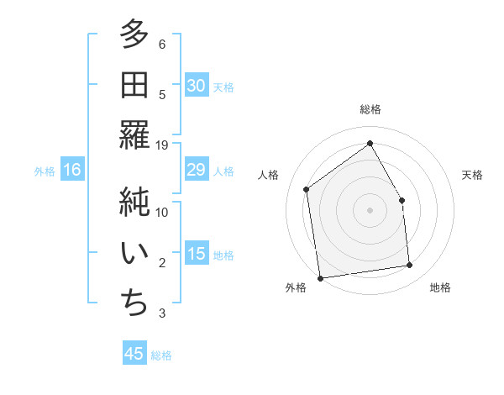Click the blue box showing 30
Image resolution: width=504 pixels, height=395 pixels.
pos(196,86)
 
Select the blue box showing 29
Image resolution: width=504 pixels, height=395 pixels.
pos(196,170)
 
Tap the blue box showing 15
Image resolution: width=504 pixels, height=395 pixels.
pos(196,254)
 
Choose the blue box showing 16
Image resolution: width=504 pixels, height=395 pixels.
pos(71,170)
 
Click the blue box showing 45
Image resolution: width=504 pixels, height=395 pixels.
pos(134,354)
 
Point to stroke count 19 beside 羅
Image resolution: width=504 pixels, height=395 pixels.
pos(162,145)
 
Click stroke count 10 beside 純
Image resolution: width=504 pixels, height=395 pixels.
pos(162,213)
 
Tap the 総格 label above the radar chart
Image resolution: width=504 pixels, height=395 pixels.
pos(370,109)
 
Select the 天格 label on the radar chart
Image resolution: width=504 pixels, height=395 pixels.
pos(472,175)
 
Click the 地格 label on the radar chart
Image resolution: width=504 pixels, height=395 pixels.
pos(440,287)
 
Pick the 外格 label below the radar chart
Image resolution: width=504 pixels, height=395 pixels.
pos(296,287)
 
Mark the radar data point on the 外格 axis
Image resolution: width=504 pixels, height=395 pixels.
pos(320,277)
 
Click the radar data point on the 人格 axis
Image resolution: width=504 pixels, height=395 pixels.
pos(307,189)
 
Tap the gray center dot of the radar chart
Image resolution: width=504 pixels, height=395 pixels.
pos(370,209)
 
